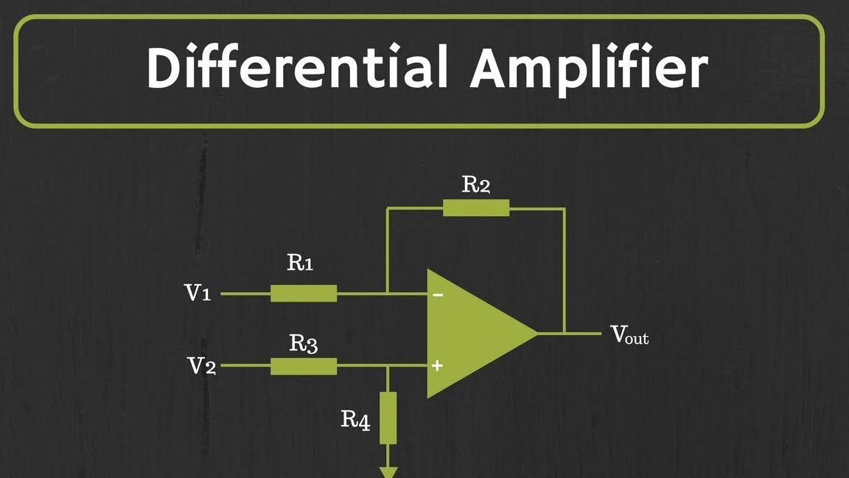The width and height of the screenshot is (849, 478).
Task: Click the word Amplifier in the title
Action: click(x=590, y=69)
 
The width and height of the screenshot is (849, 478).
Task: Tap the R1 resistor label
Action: click(x=299, y=263)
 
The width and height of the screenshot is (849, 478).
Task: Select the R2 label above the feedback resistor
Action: click(x=475, y=184)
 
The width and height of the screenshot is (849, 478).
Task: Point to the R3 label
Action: click(x=303, y=343)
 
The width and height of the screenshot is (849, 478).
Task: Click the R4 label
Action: click(x=355, y=420)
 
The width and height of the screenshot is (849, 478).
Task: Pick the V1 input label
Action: click(x=198, y=294)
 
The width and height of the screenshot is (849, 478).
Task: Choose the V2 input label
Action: click(x=201, y=366)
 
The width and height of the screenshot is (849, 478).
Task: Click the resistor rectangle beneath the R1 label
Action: click(x=304, y=294)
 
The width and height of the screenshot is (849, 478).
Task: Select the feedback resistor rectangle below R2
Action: click(x=475, y=208)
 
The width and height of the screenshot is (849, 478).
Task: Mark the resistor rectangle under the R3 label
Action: click(x=304, y=366)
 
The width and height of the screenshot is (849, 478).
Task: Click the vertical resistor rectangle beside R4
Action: click(x=388, y=418)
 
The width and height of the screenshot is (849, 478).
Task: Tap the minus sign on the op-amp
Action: click(x=438, y=295)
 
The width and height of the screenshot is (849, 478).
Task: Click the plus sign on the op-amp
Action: click(x=437, y=365)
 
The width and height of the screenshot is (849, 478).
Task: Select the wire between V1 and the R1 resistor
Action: click(x=245, y=294)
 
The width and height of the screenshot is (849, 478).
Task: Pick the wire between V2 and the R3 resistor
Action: click(x=245, y=366)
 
